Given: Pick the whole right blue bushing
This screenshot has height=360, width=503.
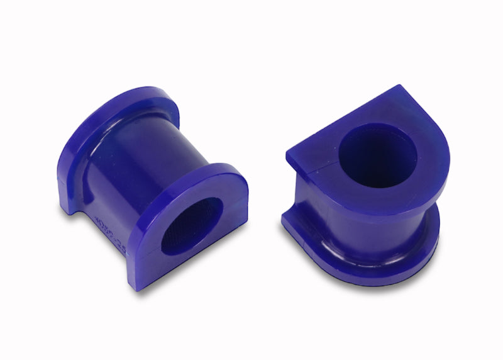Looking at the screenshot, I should coord(365,189).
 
